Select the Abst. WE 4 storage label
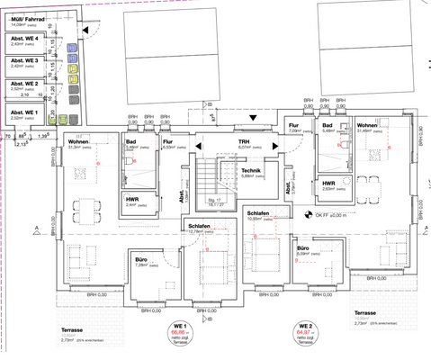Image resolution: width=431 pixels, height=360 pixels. click(x=24, y=39)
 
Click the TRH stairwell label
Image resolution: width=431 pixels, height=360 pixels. click(x=243, y=142)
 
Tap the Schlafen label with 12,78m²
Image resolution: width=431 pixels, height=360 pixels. click(x=199, y=226)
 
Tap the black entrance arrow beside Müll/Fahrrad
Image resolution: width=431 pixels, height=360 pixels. click(x=85, y=31)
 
